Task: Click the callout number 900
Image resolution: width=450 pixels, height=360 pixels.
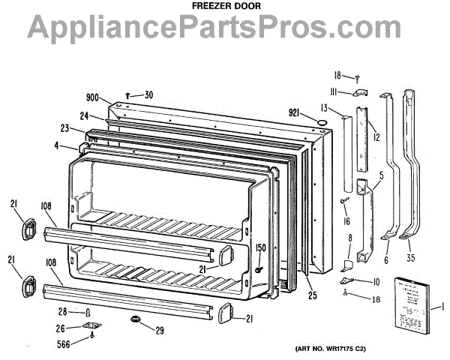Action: (93, 98)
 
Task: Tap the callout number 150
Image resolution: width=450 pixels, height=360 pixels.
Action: (261, 247)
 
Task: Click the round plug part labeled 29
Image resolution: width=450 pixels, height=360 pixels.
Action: (136, 321)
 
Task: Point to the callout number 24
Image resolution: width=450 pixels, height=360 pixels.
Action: (84, 116)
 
